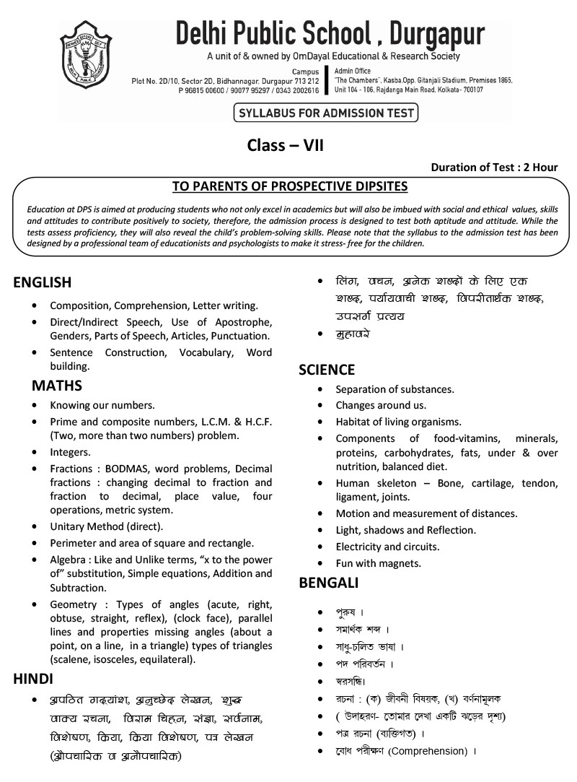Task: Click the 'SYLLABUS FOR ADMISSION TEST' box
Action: [x=325, y=113]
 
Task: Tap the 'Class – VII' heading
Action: [x=286, y=145]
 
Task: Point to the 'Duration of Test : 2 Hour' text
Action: [x=494, y=167]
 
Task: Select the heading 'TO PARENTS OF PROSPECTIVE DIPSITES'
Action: [x=290, y=186]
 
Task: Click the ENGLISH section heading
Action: [x=42, y=282]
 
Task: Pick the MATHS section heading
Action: [x=56, y=386]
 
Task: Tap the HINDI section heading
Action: [x=33, y=679]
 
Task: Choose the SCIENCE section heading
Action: [x=327, y=370]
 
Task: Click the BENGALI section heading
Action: [x=328, y=582]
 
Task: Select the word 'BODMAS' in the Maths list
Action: [x=128, y=468]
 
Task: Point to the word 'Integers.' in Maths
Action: [x=70, y=452]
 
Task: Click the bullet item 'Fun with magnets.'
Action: [x=378, y=563]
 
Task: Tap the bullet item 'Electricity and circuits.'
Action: [x=387, y=547]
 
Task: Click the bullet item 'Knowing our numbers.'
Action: [x=102, y=405]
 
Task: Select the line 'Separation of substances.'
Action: [x=395, y=389]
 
